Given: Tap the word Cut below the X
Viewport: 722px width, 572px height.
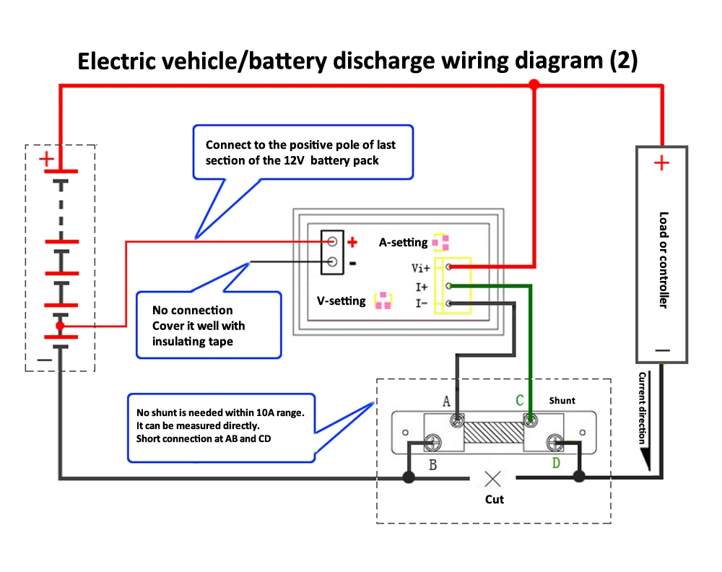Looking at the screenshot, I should [494, 499].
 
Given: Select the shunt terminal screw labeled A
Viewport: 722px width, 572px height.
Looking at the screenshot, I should [456, 420].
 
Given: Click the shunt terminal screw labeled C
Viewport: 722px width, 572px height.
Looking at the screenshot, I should [531, 420].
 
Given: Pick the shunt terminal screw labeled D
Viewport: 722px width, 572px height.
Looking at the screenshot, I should [555, 442].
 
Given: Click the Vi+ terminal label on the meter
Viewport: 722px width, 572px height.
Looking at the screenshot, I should [421, 268].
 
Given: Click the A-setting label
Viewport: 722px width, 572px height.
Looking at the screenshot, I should [404, 243].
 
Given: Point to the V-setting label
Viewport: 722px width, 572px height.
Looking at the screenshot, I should [342, 300].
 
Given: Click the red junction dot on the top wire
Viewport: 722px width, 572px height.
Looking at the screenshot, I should [534, 85].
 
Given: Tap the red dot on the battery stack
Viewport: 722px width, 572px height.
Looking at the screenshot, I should [61, 326].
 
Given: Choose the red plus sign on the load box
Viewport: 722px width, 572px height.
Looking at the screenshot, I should [661, 163].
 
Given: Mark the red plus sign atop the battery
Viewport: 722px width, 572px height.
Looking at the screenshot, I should [46, 159].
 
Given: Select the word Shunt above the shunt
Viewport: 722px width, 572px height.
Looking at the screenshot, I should [562, 400].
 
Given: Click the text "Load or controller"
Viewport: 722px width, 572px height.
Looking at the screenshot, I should [663, 260].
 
